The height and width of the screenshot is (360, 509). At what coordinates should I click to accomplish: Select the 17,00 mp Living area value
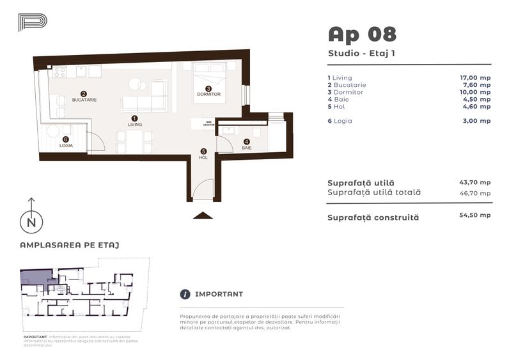coord(475,77)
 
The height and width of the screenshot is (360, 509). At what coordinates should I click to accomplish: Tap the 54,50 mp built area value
coord(475,215)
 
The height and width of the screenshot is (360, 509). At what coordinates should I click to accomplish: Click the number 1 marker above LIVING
coord(134,118)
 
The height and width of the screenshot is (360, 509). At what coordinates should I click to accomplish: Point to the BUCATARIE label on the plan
coord(84,100)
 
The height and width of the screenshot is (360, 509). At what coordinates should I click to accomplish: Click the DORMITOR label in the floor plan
coord(208,95)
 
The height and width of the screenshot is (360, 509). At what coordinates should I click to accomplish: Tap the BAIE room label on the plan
coord(247,148)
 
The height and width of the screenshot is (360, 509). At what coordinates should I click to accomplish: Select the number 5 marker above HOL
coord(203,151)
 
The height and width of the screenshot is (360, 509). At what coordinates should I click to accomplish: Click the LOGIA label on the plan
coord(66,146)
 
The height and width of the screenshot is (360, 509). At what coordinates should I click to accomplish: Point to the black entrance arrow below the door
coord(203,215)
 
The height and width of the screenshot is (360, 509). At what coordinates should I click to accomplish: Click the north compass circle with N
coord(29,223)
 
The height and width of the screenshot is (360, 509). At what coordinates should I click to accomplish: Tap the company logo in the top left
coord(32,23)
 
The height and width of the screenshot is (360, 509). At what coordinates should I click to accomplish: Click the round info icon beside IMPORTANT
coord(185,294)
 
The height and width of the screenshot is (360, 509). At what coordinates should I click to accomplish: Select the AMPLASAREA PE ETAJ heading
coord(70,245)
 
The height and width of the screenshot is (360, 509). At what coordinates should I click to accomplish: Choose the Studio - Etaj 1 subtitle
coord(361,54)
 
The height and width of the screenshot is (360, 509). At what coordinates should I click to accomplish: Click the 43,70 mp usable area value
coord(475,182)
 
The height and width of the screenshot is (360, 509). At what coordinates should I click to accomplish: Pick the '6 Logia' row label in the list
coord(340,120)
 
